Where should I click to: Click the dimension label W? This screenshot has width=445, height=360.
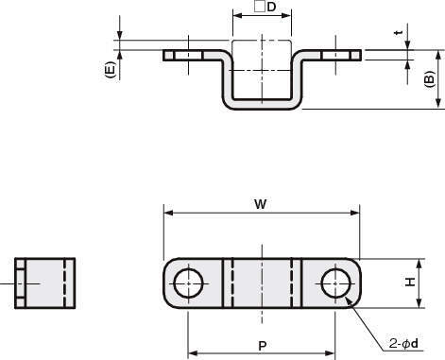(x=261, y=204)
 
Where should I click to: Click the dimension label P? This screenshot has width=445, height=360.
(x=262, y=346)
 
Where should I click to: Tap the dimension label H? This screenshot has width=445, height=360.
(x=410, y=282)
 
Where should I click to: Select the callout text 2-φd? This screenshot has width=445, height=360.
(x=403, y=343)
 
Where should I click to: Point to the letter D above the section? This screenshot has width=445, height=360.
(x=271, y=7)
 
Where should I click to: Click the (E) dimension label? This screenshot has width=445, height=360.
(x=110, y=70)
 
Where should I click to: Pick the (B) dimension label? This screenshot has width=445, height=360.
(x=429, y=79)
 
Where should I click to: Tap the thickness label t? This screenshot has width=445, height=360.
(x=400, y=33)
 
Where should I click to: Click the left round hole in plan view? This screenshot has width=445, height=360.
(x=188, y=283)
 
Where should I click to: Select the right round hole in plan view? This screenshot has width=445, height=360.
(x=335, y=283)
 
